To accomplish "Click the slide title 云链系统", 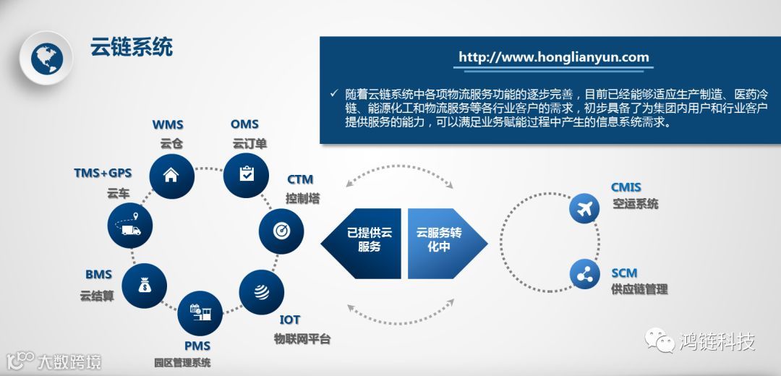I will tap(131, 48).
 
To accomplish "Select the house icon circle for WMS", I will tap(171, 174).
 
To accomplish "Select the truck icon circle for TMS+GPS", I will tap(131, 227).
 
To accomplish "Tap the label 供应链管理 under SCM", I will tap(639, 290).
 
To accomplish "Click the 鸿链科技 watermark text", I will tap(716, 341).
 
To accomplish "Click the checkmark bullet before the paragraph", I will tap(334, 93).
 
